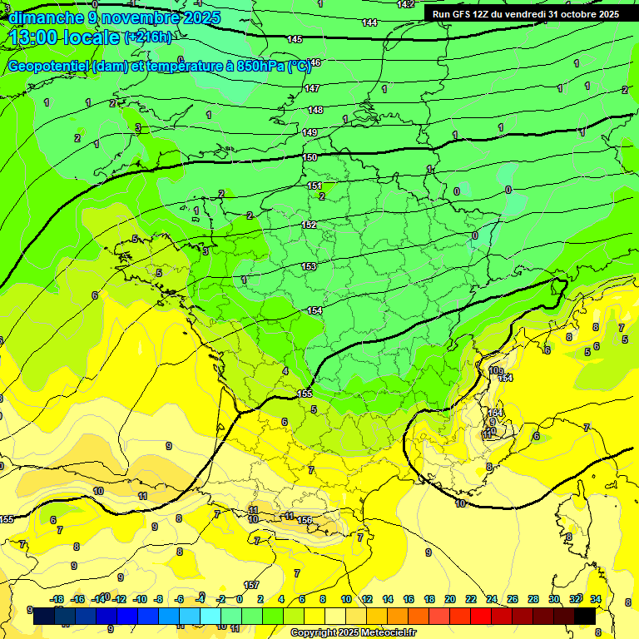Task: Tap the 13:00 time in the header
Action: pos(37,37)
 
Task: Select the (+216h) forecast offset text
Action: pos(148,37)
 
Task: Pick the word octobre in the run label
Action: pos(574,14)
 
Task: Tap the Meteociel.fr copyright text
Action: pos(353,633)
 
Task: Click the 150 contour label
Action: pos(310,157)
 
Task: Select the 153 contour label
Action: pos(310,266)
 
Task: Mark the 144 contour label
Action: pos(370,22)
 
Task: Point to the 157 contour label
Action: pos(251,585)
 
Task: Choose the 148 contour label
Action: pos(315,110)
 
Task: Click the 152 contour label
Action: pos(309,225)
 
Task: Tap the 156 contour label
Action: pos(305,520)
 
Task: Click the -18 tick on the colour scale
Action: pos(57,599)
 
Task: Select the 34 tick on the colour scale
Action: pos(596,599)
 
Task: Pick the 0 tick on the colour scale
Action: pos(240,599)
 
